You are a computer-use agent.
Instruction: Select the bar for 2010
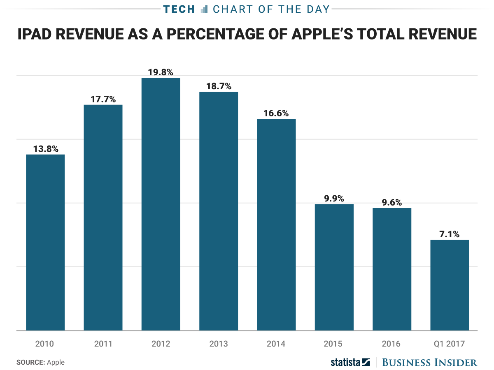point(45,242)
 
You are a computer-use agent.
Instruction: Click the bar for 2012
point(161,204)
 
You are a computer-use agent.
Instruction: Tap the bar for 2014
point(276,224)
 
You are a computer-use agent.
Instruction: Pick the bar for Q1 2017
point(450,285)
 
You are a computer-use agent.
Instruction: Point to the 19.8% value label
point(161,72)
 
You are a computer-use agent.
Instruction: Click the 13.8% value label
point(45,149)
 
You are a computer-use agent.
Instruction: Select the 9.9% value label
point(334,199)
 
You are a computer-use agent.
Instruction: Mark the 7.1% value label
point(450,234)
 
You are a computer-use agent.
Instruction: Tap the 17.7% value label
point(103,99)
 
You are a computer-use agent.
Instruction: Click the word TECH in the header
point(179,9)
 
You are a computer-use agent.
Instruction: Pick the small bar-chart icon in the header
point(204,9)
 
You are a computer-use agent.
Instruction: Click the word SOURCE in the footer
point(30,362)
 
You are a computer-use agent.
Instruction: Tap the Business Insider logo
point(429,362)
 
